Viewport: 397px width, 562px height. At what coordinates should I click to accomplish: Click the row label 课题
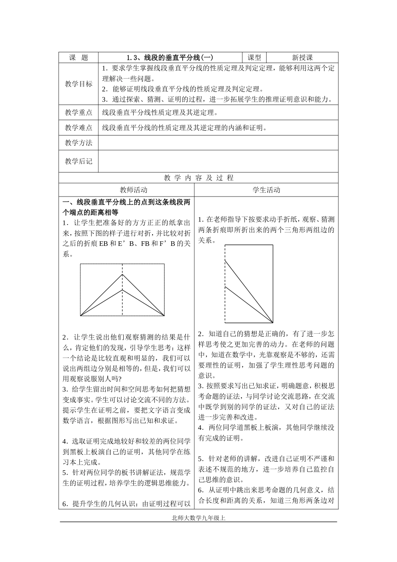pyautogui.click(x=79, y=58)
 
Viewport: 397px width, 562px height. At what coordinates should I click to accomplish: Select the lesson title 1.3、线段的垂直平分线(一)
pyautogui.click(x=170, y=58)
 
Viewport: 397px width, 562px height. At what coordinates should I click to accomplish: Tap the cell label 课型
pyautogui.click(x=254, y=58)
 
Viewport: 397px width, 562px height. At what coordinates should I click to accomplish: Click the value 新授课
pyautogui.click(x=302, y=58)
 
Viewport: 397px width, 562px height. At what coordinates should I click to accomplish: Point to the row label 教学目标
pyautogui.click(x=79, y=84)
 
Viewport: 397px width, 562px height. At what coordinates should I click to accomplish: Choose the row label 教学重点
pyautogui.click(x=79, y=112)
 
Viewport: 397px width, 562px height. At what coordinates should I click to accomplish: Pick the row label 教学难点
pyautogui.click(x=79, y=128)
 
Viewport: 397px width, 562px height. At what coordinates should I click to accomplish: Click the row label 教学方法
pyautogui.click(x=79, y=143)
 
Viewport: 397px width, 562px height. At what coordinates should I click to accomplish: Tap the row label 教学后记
pyautogui.click(x=79, y=161)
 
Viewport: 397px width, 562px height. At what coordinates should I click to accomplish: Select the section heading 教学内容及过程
pyautogui.click(x=198, y=178)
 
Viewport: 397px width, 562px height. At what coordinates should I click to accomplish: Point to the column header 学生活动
pyautogui.click(x=266, y=190)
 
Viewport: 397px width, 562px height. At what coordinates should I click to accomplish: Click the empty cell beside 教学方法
pyautogui.click(x=218, y=143)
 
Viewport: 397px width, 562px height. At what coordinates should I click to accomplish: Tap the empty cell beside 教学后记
pyautogui.click(x=218, y=161)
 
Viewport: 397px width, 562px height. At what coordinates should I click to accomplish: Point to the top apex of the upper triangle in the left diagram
pyautogui.click(x=122, y=275)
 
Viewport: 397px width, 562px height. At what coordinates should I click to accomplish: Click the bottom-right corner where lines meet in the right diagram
pyautogui.click(x=273, y=323)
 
